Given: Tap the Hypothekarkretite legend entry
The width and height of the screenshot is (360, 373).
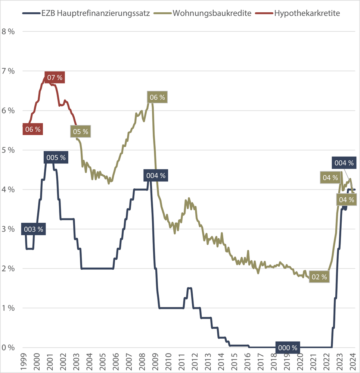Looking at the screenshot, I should click(x=307, y=14).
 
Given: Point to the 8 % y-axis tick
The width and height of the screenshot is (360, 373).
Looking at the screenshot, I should click(x=8, y=32).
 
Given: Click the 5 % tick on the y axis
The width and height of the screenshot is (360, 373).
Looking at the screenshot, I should click(x=8, y=150).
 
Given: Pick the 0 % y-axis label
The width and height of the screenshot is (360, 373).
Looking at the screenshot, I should click(x=8, y=348).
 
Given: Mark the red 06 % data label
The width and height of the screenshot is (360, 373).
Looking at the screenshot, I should click(x=32, y=129).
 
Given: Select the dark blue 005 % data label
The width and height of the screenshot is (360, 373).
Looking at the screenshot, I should click(x=56, y=158).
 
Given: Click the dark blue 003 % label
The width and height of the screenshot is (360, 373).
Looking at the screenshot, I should click(x=33, y=229).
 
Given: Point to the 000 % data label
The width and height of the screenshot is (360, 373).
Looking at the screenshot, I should click(x=288, y=348).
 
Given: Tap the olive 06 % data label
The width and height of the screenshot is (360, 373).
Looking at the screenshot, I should click(x=157, y=98).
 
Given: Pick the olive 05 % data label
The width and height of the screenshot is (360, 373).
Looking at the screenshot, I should click(x=80, y=131).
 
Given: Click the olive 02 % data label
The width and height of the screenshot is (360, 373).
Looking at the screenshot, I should click(x=319, y=277).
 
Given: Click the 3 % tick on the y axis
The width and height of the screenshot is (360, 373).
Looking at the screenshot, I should click(x=8, y=229).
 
